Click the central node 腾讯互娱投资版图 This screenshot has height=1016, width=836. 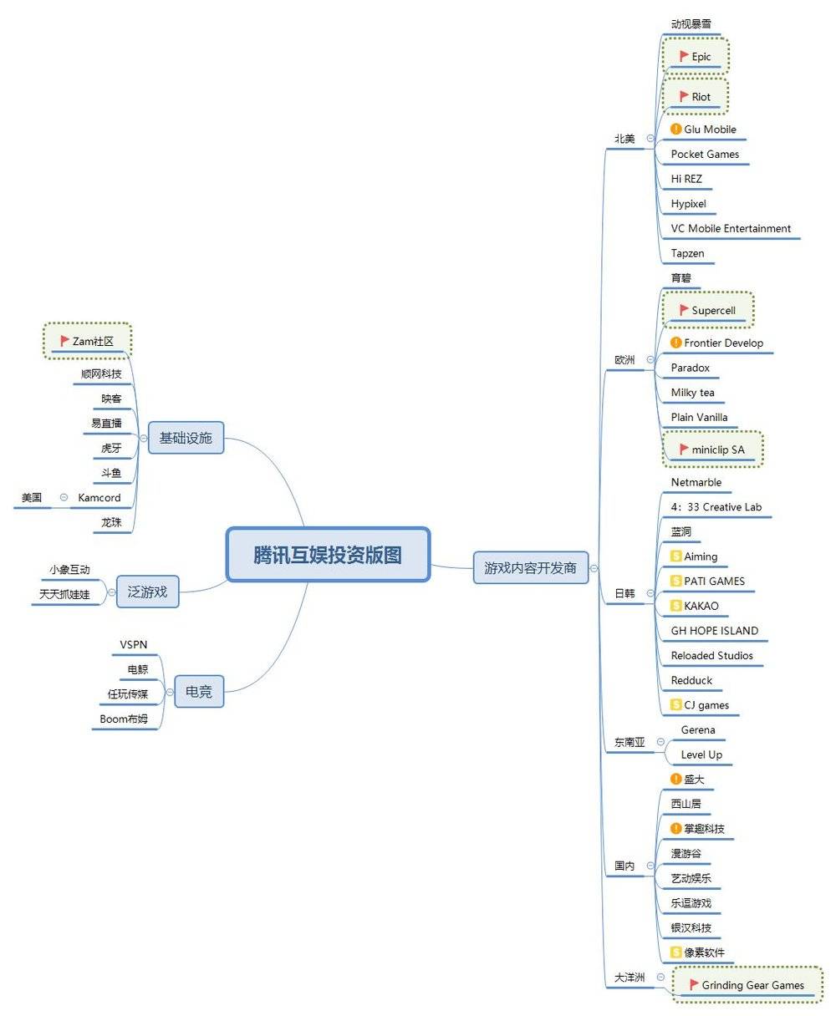coord(328,555)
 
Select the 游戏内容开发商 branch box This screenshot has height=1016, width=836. coord(530,568)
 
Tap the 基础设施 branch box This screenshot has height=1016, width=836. coord(186,438)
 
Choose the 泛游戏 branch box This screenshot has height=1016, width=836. coord(147,592)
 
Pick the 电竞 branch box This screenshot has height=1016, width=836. coord(199,692)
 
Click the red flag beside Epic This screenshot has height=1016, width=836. coord(684,56)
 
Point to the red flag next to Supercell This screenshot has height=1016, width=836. coord(684,310)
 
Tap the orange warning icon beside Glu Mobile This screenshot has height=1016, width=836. coord(676,130)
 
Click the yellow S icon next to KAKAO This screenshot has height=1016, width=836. coord(676,606)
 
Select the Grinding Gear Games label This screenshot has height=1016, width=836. coord(752,985)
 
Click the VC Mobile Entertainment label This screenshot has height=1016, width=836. coord(731,228)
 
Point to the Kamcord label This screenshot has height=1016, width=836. coord(99,498)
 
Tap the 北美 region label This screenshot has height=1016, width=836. coord(624,139)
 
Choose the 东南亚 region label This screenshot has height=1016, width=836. coord(630,743)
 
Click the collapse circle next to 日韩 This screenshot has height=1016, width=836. coord(650,593)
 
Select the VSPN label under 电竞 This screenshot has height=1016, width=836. coord(134,644)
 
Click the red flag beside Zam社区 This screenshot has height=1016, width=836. coord(64,341)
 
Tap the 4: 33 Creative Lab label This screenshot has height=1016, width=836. coord(716,507)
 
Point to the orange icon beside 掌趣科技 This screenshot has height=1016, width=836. coord(676,829)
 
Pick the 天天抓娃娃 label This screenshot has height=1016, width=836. coord(64,594)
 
